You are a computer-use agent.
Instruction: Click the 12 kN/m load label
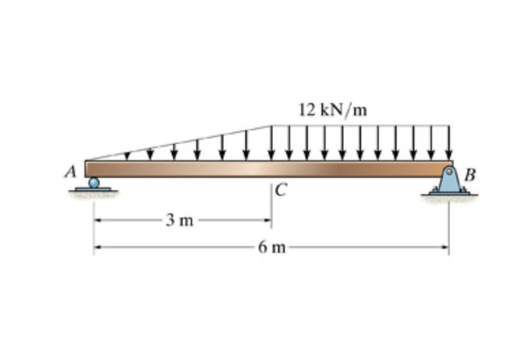[332, 109]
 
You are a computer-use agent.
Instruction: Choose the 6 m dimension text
[272, 247]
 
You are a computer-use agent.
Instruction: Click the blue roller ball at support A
[94, 182]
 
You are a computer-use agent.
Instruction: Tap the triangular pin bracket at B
[448, 180]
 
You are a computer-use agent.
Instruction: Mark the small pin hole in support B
[448, 172]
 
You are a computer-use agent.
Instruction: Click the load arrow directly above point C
[272, 142]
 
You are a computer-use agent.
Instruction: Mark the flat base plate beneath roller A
[93, 190]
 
